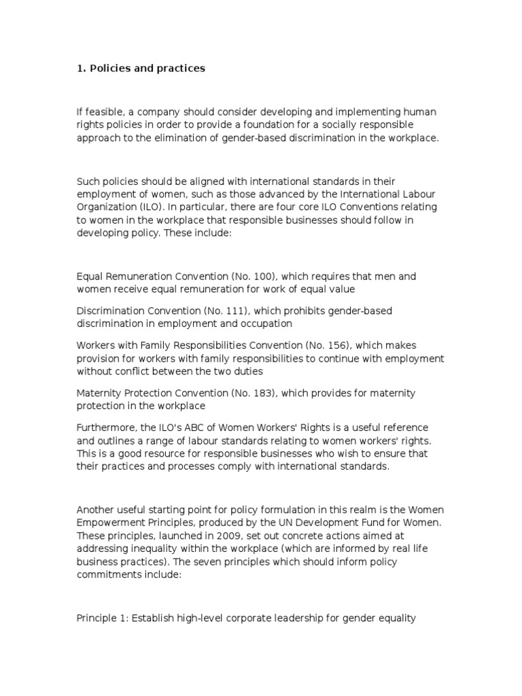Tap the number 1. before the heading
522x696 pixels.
[x=81, y=69]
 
